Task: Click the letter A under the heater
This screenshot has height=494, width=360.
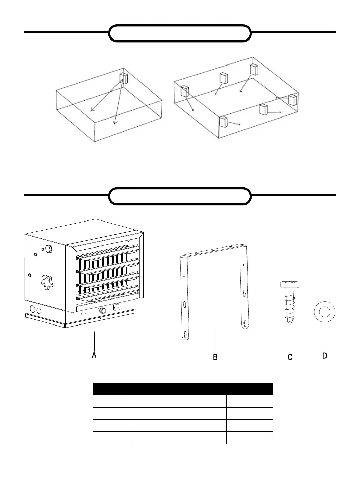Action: point(94,355)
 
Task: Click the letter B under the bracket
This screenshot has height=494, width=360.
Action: point(215,357)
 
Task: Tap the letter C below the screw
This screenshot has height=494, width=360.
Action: point(290,357)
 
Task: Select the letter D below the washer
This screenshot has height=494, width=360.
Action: point(324,356)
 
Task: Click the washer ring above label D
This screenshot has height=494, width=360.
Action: point(324,312)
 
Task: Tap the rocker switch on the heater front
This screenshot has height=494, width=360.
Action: point(116,307)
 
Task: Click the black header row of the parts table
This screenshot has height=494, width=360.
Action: point(182,389)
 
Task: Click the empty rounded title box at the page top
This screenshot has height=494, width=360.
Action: point(180,33)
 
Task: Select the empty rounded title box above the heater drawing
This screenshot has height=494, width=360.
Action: point(180,196)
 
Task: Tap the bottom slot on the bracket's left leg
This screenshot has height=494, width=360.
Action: point(185,335)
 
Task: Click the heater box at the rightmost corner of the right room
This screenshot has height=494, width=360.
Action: point(292,100)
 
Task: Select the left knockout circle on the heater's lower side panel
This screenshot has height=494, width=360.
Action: point(32,309)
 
